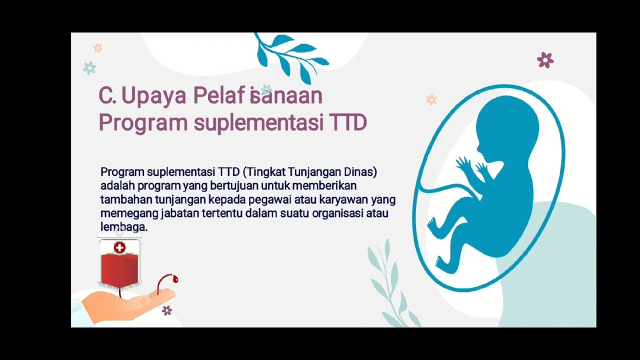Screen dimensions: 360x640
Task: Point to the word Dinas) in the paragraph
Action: (360, 172)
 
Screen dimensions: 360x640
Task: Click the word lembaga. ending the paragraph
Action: (123, 227)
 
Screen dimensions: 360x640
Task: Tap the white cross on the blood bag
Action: (119, 247)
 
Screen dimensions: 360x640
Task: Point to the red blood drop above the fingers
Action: (175, 279)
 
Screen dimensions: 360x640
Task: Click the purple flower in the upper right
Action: (545, 60)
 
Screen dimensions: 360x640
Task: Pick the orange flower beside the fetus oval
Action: (431, 99)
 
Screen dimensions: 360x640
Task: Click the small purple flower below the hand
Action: (167, 310)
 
